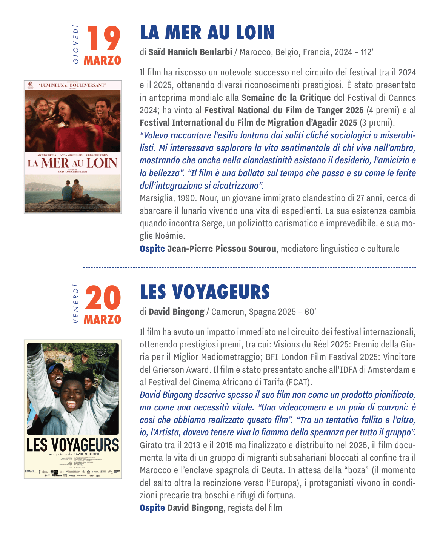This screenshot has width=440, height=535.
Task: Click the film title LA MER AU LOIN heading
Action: (x=207, y=33)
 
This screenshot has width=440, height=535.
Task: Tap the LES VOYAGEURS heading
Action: (x=205, y=292)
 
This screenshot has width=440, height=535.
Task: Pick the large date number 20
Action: (x=103, y=298)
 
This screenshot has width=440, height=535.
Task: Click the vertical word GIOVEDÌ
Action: (x=76, y=44)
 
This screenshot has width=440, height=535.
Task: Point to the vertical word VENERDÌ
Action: (x=76, y=303)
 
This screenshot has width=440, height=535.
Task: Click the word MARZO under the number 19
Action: (x=102, y=60)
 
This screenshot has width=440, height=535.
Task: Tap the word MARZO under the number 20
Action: (x=102, y=320)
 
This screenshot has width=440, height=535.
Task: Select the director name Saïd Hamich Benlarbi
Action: (x=190, y=52)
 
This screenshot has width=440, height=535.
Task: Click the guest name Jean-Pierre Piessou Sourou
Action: (x=222, y=249)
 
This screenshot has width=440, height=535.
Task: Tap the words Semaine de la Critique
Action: (x=286, y=98)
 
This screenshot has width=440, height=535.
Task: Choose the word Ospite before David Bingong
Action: (x=152, y=508)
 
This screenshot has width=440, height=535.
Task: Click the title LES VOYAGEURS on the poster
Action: (x=72, y=445)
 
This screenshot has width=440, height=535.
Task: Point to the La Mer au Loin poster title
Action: (x=72, y=163)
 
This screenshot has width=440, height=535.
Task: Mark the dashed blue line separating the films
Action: (x=249, y=267)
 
